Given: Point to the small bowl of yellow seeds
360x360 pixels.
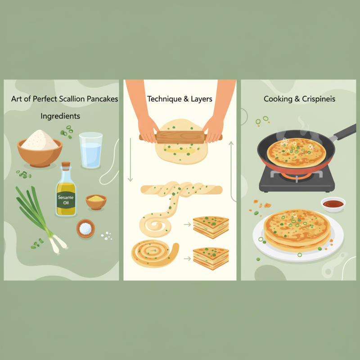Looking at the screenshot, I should [96, 202].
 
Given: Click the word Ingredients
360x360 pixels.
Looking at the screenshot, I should [60, 116].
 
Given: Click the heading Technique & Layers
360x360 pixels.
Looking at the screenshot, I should [180, 99].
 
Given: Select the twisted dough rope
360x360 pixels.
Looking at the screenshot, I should [180, 189].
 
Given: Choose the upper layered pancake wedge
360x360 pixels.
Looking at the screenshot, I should [211, 227].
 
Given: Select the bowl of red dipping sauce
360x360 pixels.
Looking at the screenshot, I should [333, 204].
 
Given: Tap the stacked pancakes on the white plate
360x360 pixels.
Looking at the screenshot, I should [297, 229].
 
